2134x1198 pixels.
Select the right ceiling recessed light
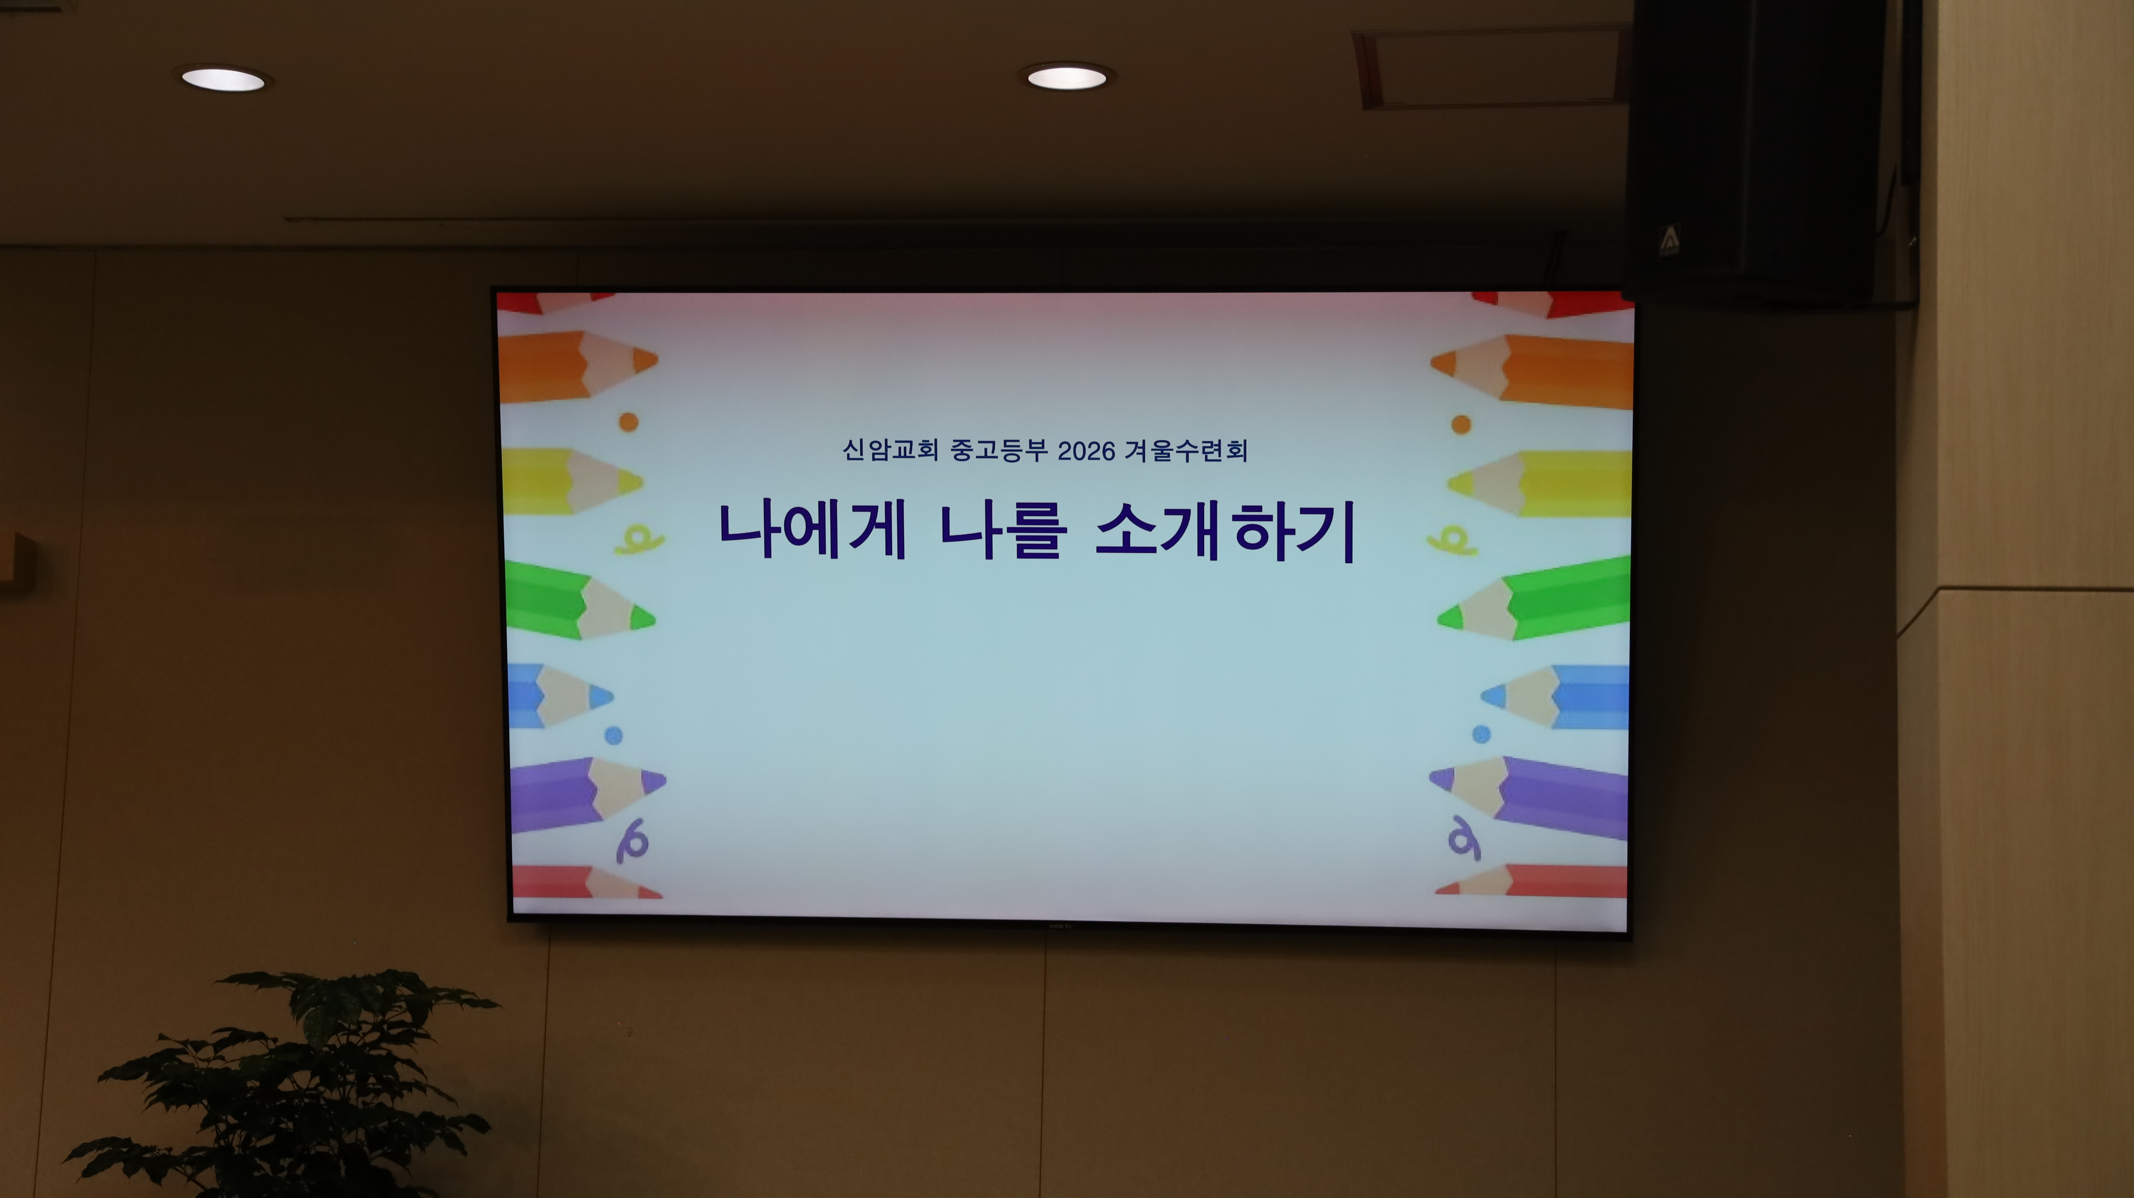[x=1067, y=78]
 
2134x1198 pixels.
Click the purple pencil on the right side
[x=1528, y=797]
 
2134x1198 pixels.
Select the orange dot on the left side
[x=629, y=422]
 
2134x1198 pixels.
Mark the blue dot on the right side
[x=1481, y=734]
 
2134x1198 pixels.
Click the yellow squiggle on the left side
[x=638, y=540]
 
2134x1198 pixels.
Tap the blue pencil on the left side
[x=560, y=695]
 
